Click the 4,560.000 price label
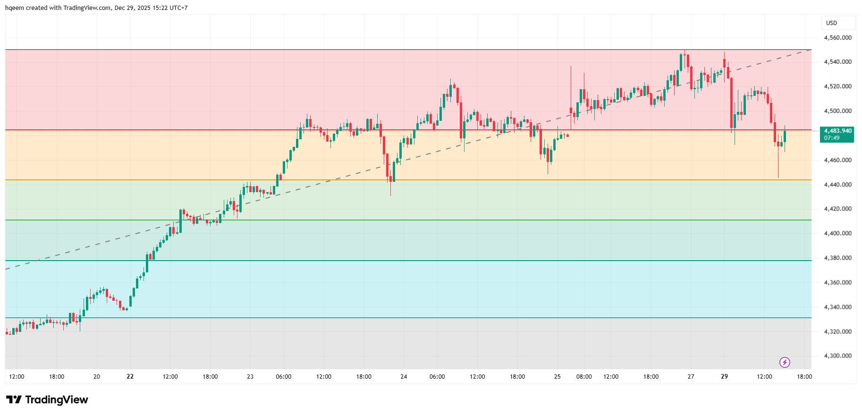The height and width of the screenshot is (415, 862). (x=837, y=37)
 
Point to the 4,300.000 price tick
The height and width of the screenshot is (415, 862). (x=837, y=356)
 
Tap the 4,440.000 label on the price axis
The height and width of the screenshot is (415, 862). (x=837, y=184)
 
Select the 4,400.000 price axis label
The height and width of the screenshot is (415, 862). (x=837, y=233)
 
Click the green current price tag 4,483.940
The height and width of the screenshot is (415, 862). (x=837, y=134)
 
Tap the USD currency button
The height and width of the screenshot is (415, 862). (x=832, y=23)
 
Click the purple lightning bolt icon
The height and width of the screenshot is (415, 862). (x=785, y=362)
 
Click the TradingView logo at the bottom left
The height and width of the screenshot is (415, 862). (x=47, y=400)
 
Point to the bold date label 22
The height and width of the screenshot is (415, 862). (x=130, y=376)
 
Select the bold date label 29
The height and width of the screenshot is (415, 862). (x=725, y=376)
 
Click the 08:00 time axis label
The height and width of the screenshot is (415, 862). (x=584, y=376)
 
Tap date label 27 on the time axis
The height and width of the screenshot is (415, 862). (x=691, y=376)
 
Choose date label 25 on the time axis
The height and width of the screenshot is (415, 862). (x=558, y=376)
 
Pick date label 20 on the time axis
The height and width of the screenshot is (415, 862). (x=97, y=376)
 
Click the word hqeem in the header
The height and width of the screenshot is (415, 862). (x=14, y=8)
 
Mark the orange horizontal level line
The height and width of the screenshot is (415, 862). (x=408, y=180)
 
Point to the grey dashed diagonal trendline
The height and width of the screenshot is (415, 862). (x=408, y=160)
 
